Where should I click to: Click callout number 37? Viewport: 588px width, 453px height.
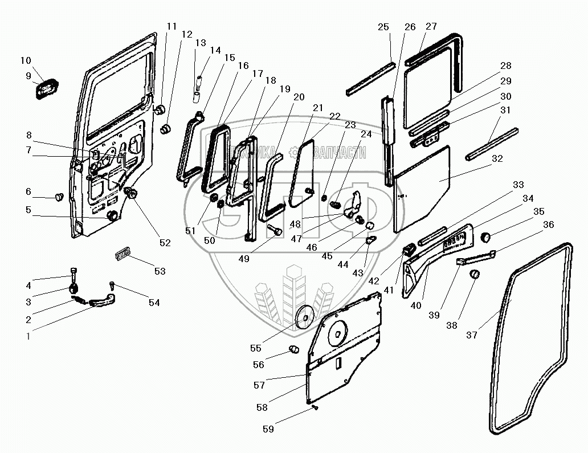point(471,335)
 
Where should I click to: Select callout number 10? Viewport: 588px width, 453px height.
point(26,61)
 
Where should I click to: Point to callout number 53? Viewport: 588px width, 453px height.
point(160,272)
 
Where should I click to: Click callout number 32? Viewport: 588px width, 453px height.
point(497,158)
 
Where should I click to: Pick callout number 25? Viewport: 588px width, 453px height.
point(383,27)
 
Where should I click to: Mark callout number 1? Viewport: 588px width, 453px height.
point(28,336)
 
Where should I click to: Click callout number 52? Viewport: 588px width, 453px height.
point(165,243)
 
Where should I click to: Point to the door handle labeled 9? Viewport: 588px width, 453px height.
point(47,91)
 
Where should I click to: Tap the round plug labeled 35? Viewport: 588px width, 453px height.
point(486,236)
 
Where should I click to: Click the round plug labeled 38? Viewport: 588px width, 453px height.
point(473,275)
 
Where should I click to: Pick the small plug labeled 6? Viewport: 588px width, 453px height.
point(58,197)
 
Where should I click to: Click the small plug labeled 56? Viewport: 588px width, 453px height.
point(293,349)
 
